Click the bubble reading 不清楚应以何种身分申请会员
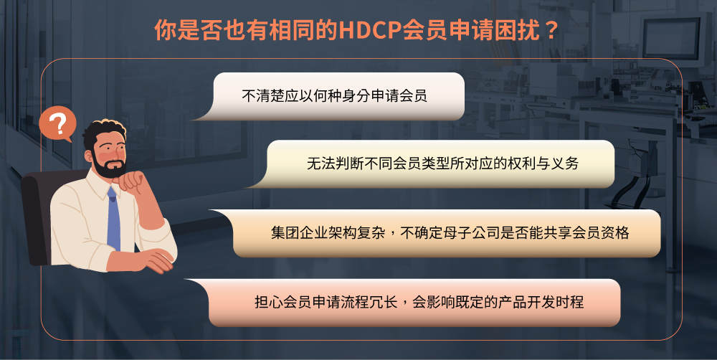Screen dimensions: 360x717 [337, 96]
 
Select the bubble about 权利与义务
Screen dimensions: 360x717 [441, 164]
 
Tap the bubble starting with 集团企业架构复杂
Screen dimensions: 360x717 [448, 233]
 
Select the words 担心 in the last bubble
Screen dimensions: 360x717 [267, 302]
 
